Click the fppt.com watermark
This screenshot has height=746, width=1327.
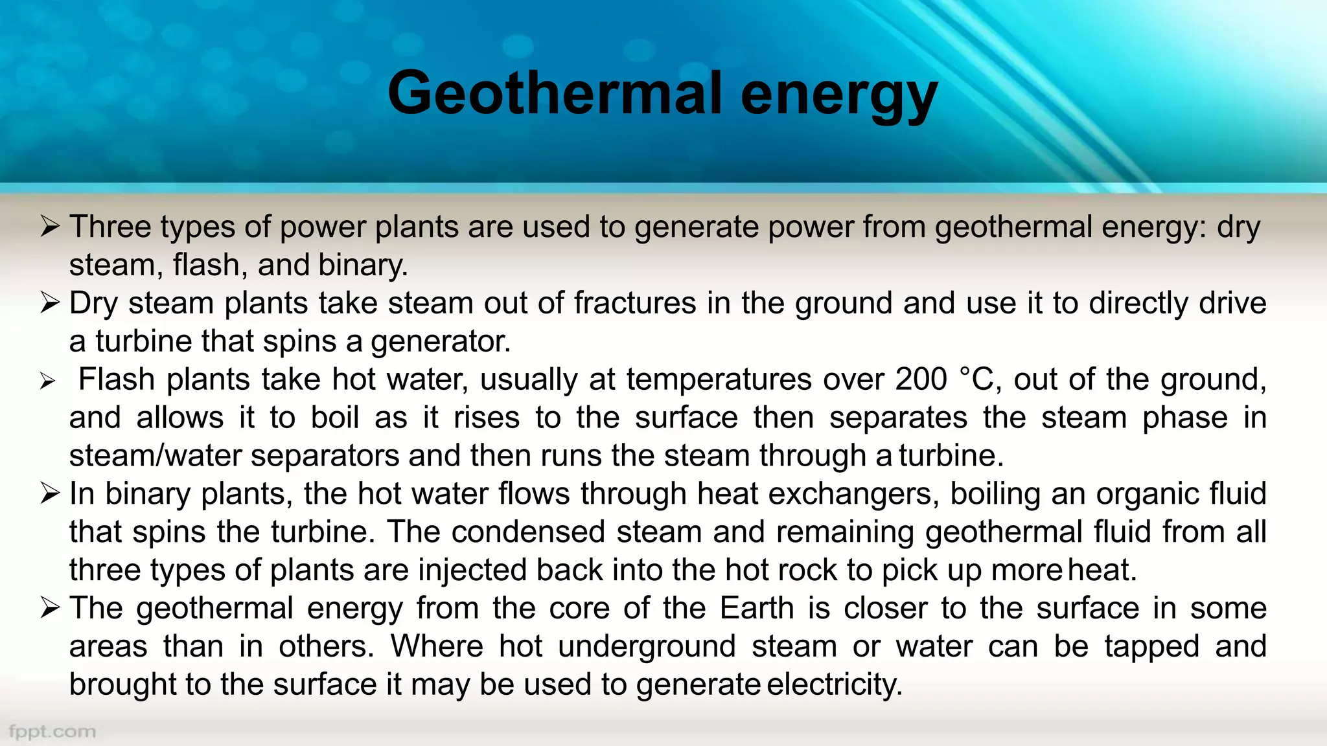coord(52,732)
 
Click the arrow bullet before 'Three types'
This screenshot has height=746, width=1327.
coord(50,226)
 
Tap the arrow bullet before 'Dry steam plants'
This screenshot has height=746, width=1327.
coord(50,302)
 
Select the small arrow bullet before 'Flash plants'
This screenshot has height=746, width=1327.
coord(47,381)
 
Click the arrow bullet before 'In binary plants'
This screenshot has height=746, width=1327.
coord(50,493)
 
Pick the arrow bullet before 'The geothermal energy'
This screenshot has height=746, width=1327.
coord(50,608)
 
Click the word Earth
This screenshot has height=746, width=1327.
coord(757,609)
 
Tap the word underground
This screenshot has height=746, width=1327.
coord(647,647)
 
